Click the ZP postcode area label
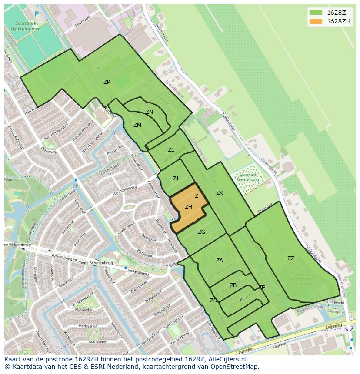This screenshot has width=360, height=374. [x=107, y=82]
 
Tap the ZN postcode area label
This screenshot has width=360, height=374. [x=149, y=112]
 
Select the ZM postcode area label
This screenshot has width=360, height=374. [x=137, y=125]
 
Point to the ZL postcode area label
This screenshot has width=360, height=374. [x=171, y=150]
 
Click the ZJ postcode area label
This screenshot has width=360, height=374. [x=175, y=179]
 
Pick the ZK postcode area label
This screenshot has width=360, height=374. [x=220, y=193]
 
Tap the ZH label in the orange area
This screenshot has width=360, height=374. [x=188, y=207]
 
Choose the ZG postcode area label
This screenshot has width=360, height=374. [x=201, y=232]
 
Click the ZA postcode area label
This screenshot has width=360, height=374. [x=220, y=261]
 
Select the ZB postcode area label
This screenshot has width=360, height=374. [x=233, y=285]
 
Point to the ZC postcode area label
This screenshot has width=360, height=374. [x=243, y=300]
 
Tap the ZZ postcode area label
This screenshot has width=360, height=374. [x=291, y=258]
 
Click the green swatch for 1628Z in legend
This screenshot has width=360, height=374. [x=316, y=12]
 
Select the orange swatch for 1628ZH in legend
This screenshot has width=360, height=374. [x=316, y=21]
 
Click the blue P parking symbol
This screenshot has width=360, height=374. [x=37, y=14]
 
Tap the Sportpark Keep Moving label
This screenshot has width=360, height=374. [x=248, y=177]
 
